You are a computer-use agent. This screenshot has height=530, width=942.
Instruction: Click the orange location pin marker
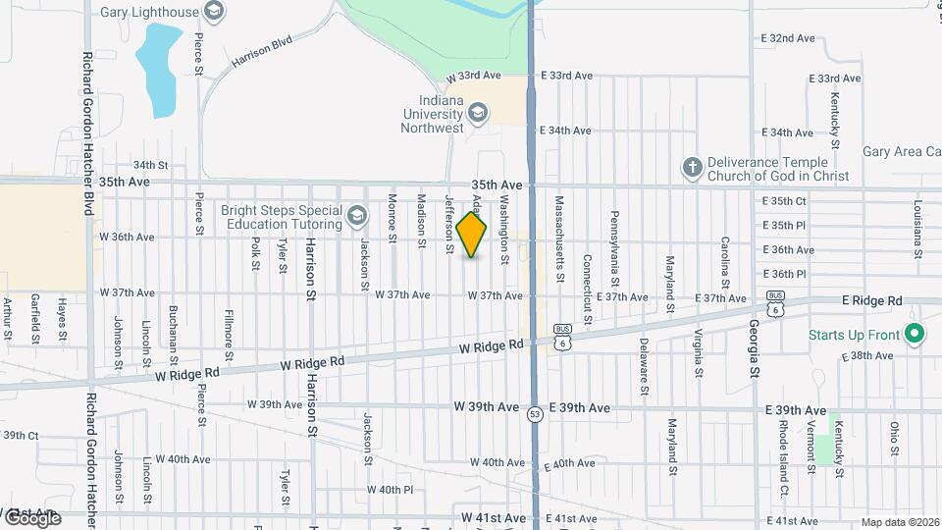coord(471,235)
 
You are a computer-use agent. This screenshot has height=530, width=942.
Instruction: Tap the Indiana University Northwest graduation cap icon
coord(477,114)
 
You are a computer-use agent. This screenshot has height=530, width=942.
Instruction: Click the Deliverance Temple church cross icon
coord(692,166)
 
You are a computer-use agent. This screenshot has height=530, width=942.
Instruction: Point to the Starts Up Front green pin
coord(915,336)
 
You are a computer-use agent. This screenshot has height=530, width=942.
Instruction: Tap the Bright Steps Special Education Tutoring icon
coord(357,215)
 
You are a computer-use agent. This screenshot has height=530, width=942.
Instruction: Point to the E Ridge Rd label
coord(871,299)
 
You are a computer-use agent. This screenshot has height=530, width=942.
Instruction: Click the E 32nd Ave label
coord(788,38)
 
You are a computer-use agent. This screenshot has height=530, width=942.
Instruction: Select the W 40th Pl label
coord(391,489)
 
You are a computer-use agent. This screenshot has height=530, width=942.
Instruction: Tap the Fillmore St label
coord(229,327)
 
